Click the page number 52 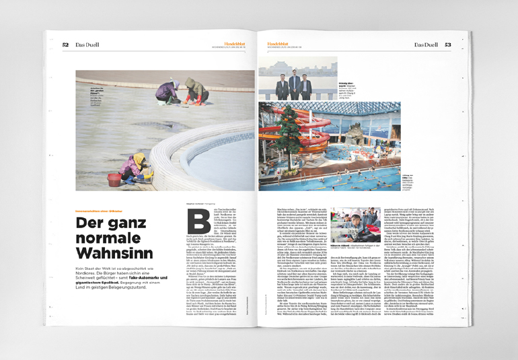(65, 44)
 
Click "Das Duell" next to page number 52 (87, 44)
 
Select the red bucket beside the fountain (113, 180)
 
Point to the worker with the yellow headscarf (140, 166)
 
